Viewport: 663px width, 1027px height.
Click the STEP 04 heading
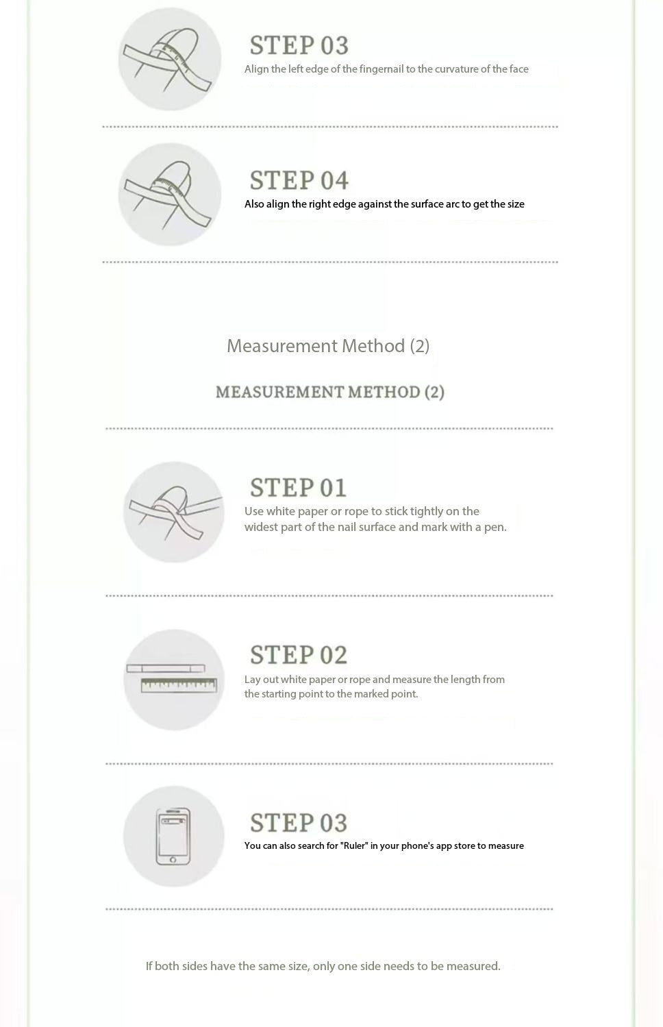299,180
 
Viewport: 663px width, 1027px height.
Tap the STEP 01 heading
298,487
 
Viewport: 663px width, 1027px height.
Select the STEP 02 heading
298,655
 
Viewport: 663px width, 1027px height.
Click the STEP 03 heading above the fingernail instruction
299,45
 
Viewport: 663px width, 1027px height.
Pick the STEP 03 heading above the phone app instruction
298,823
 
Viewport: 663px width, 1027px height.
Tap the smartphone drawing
173,837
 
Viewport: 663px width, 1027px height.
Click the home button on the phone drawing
173,860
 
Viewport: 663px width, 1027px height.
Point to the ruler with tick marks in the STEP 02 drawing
179,685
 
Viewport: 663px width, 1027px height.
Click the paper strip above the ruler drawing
165,669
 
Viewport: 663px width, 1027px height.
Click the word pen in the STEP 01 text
495,528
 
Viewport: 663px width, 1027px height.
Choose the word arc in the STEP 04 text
452,204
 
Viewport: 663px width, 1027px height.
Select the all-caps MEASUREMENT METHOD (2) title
330,392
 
